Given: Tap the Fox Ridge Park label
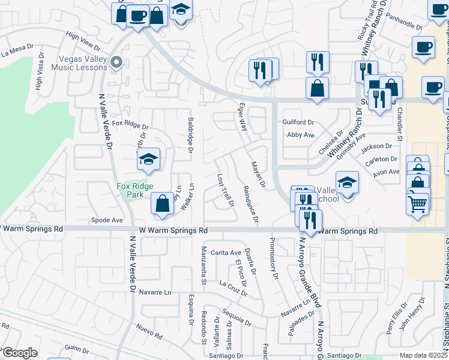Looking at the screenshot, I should [136, 190].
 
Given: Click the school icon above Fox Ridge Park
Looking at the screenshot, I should [148, 160].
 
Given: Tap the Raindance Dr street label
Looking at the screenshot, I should [250, 204].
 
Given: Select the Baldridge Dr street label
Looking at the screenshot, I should [190, 134].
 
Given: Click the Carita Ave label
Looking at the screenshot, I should [230, 253].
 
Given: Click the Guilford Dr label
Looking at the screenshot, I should [298, 122].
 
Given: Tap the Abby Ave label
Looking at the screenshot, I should [301, 135].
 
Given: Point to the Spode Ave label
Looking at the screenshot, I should [106, 220].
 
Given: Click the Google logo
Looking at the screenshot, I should [19, 353].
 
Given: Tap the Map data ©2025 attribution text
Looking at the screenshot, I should [423, 355].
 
